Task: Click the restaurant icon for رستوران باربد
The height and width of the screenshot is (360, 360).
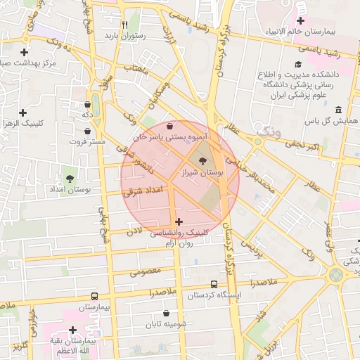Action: tap(124, 24)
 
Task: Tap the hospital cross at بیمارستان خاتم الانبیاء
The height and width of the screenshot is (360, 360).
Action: tap(300, 20)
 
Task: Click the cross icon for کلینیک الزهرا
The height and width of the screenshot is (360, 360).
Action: tap(23, 112)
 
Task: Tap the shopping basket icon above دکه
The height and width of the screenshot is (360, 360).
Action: tap(87, 102)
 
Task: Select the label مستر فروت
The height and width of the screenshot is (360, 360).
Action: tap(87, 141)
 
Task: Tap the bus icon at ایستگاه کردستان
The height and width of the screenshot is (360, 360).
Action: tap(214, 284)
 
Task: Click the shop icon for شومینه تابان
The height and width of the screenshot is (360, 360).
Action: tap(166, 313)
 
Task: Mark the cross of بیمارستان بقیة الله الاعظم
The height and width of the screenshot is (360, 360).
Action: tap(72, 330)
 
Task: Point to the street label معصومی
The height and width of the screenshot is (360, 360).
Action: tap(146, 271)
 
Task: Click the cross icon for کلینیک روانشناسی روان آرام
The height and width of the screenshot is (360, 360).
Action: tap(179, 221)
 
